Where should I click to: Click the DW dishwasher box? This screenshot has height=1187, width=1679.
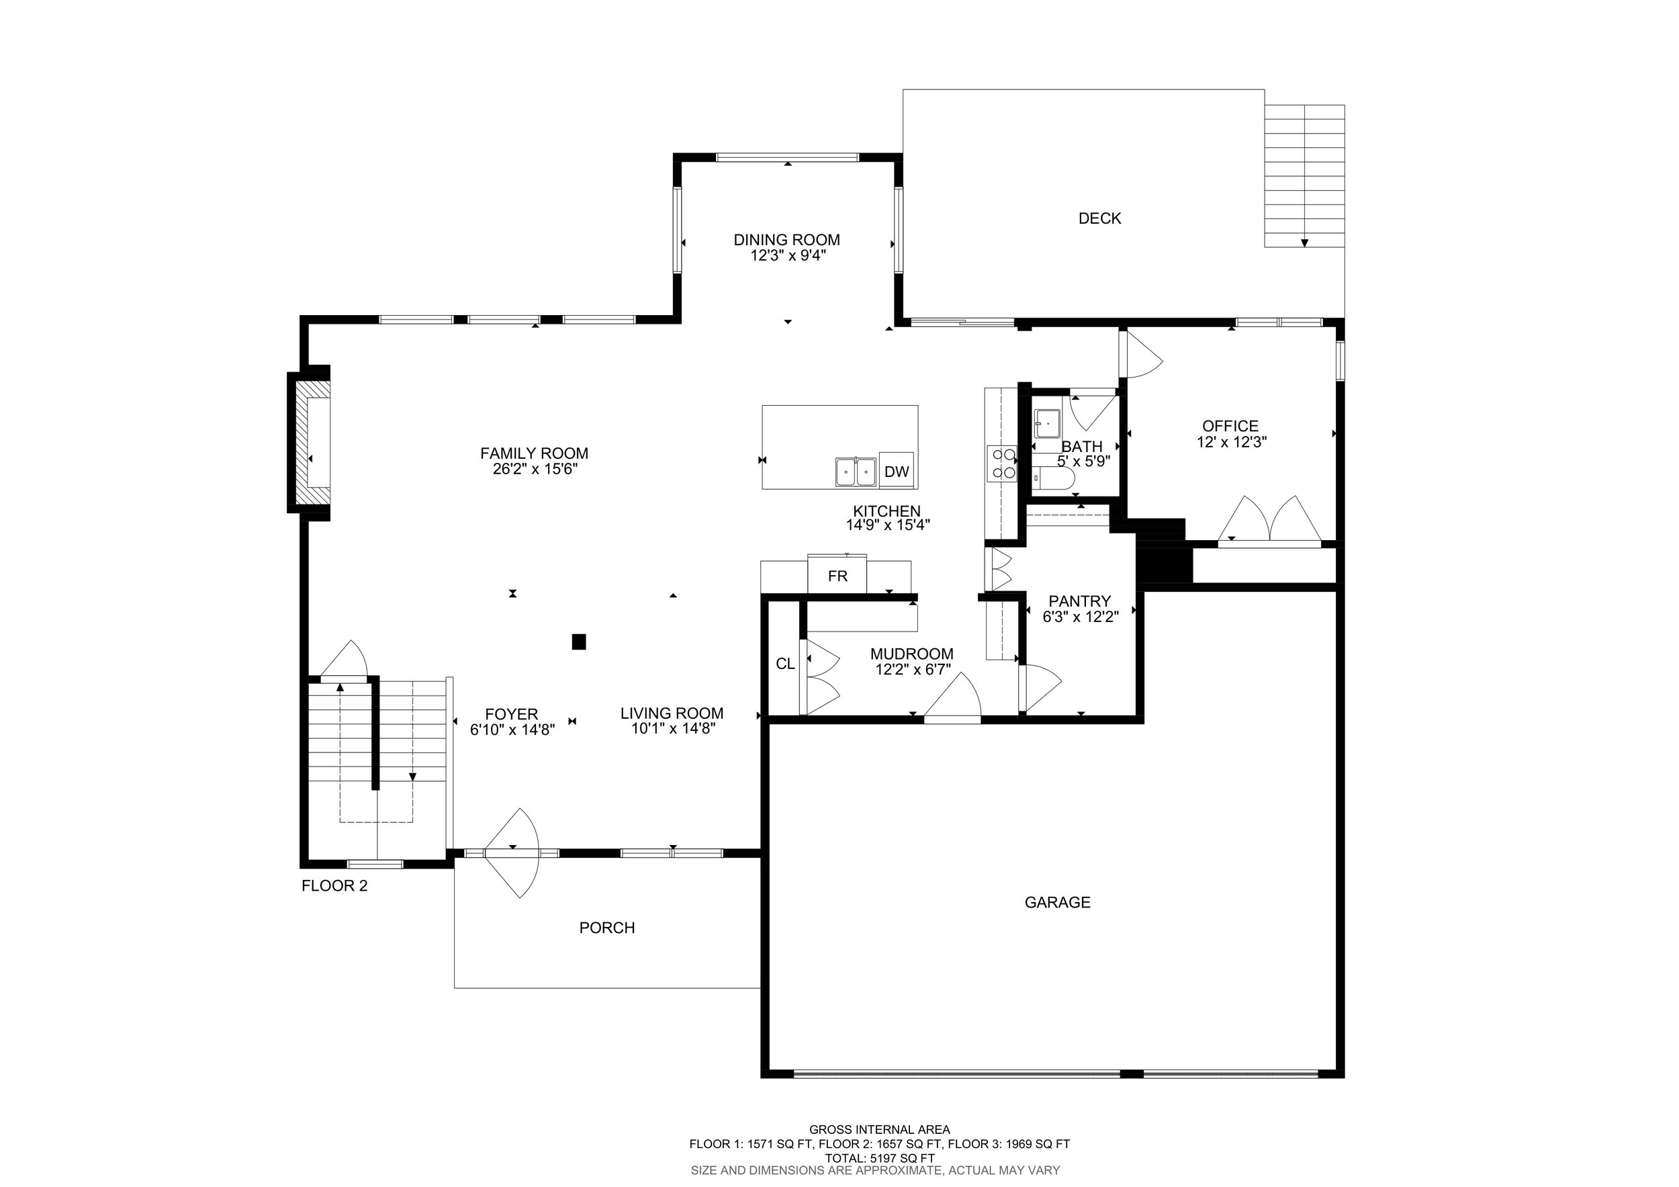(x=897, y=471)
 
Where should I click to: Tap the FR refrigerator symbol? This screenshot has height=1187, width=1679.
(x=837, y=575)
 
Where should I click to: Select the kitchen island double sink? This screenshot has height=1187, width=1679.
(x=856, y=472)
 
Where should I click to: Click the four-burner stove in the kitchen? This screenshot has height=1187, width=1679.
(x=1002, y=463)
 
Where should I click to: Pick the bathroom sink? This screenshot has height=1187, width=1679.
(x=1047, y=423)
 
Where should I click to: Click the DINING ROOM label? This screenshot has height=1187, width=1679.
(x=787, y=240)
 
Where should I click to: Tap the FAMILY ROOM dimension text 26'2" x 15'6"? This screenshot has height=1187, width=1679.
(x=535, y=470)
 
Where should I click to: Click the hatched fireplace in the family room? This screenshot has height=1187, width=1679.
(x=308, y=443)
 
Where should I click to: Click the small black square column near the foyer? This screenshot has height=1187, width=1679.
(x=578, y=642)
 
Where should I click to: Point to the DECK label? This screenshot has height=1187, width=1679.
(x=1100, y=218)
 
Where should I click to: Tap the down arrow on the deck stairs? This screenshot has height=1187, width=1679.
(x=1305, y=243)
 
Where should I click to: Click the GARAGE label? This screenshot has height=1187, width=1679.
(x=1057, y=902)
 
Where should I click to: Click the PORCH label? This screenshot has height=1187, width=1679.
(x=607, y=928)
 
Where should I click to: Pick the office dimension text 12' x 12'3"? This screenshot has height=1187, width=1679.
(x=1232, y=443)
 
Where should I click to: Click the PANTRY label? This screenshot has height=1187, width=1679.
(x=1079, y=601)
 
